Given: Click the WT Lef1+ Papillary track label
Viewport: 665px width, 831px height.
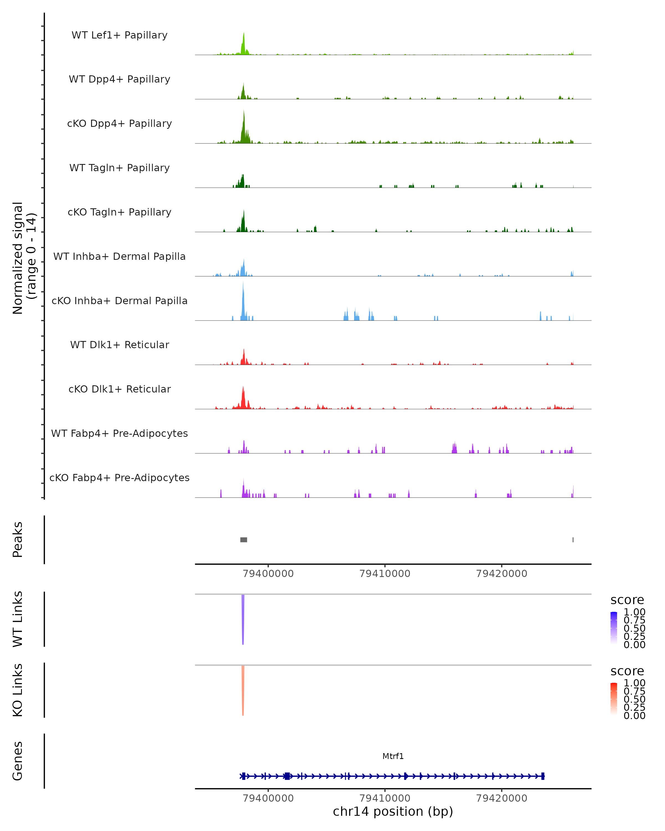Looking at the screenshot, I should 119,35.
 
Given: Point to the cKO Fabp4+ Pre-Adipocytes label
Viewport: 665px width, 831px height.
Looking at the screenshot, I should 119,478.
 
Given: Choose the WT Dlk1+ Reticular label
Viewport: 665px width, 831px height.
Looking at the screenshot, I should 119,345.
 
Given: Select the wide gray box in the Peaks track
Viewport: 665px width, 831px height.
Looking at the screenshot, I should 244,540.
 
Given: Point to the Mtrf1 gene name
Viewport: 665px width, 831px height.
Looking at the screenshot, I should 393,756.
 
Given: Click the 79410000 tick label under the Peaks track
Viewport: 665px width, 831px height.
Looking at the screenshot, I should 385,574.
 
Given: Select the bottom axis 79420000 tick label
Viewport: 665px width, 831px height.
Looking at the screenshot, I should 502,798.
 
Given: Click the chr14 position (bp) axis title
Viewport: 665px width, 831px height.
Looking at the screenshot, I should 393,812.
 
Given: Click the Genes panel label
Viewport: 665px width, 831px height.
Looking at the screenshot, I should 17,761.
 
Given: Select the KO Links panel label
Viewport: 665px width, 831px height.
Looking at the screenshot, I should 17,690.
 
